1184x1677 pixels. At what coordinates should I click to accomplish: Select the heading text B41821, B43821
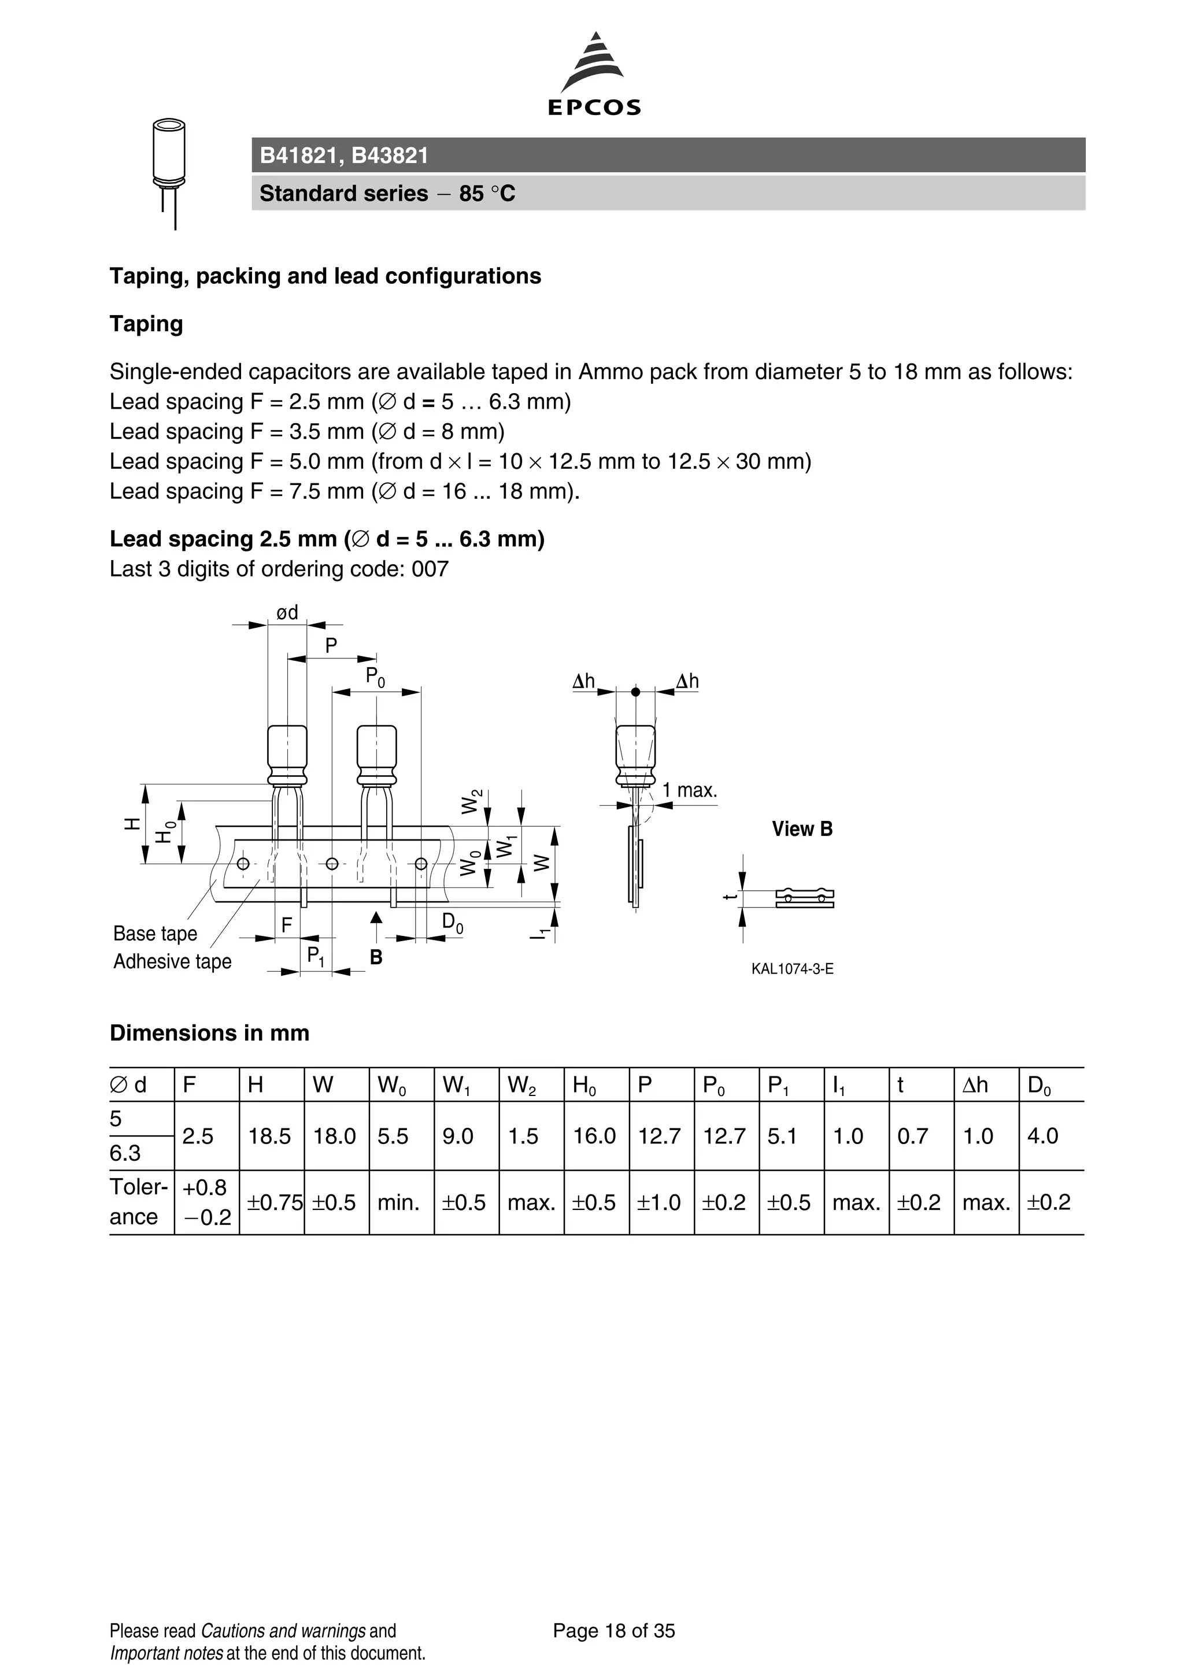[344, 156]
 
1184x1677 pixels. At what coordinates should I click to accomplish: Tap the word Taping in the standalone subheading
[146, 324]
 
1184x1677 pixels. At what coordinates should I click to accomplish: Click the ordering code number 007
[430, 569]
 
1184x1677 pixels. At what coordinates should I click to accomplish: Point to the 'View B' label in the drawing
[802, 829]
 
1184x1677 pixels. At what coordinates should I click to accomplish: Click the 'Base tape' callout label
[155, 934]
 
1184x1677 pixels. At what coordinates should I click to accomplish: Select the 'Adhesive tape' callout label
[172, 961]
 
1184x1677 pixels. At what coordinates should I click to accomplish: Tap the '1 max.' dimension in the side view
[690, 790]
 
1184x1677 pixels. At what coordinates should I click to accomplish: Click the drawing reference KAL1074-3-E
[792, 969]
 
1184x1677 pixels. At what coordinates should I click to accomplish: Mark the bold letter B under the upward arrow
[376, 957]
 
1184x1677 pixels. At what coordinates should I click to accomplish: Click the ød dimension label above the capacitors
[287, 612]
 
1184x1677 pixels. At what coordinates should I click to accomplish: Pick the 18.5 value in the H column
[269, 1136]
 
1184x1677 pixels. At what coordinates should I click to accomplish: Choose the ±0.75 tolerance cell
[274, 1202]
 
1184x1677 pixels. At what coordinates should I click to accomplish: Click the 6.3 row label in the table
[125, 1153]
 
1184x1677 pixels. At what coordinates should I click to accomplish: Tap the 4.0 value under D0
[1042, 1136]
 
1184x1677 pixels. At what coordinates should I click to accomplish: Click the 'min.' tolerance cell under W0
[398, 1202]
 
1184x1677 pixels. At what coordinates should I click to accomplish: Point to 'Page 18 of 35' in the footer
[613, 1631]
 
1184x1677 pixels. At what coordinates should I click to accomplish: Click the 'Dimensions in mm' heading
[210, 1033]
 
